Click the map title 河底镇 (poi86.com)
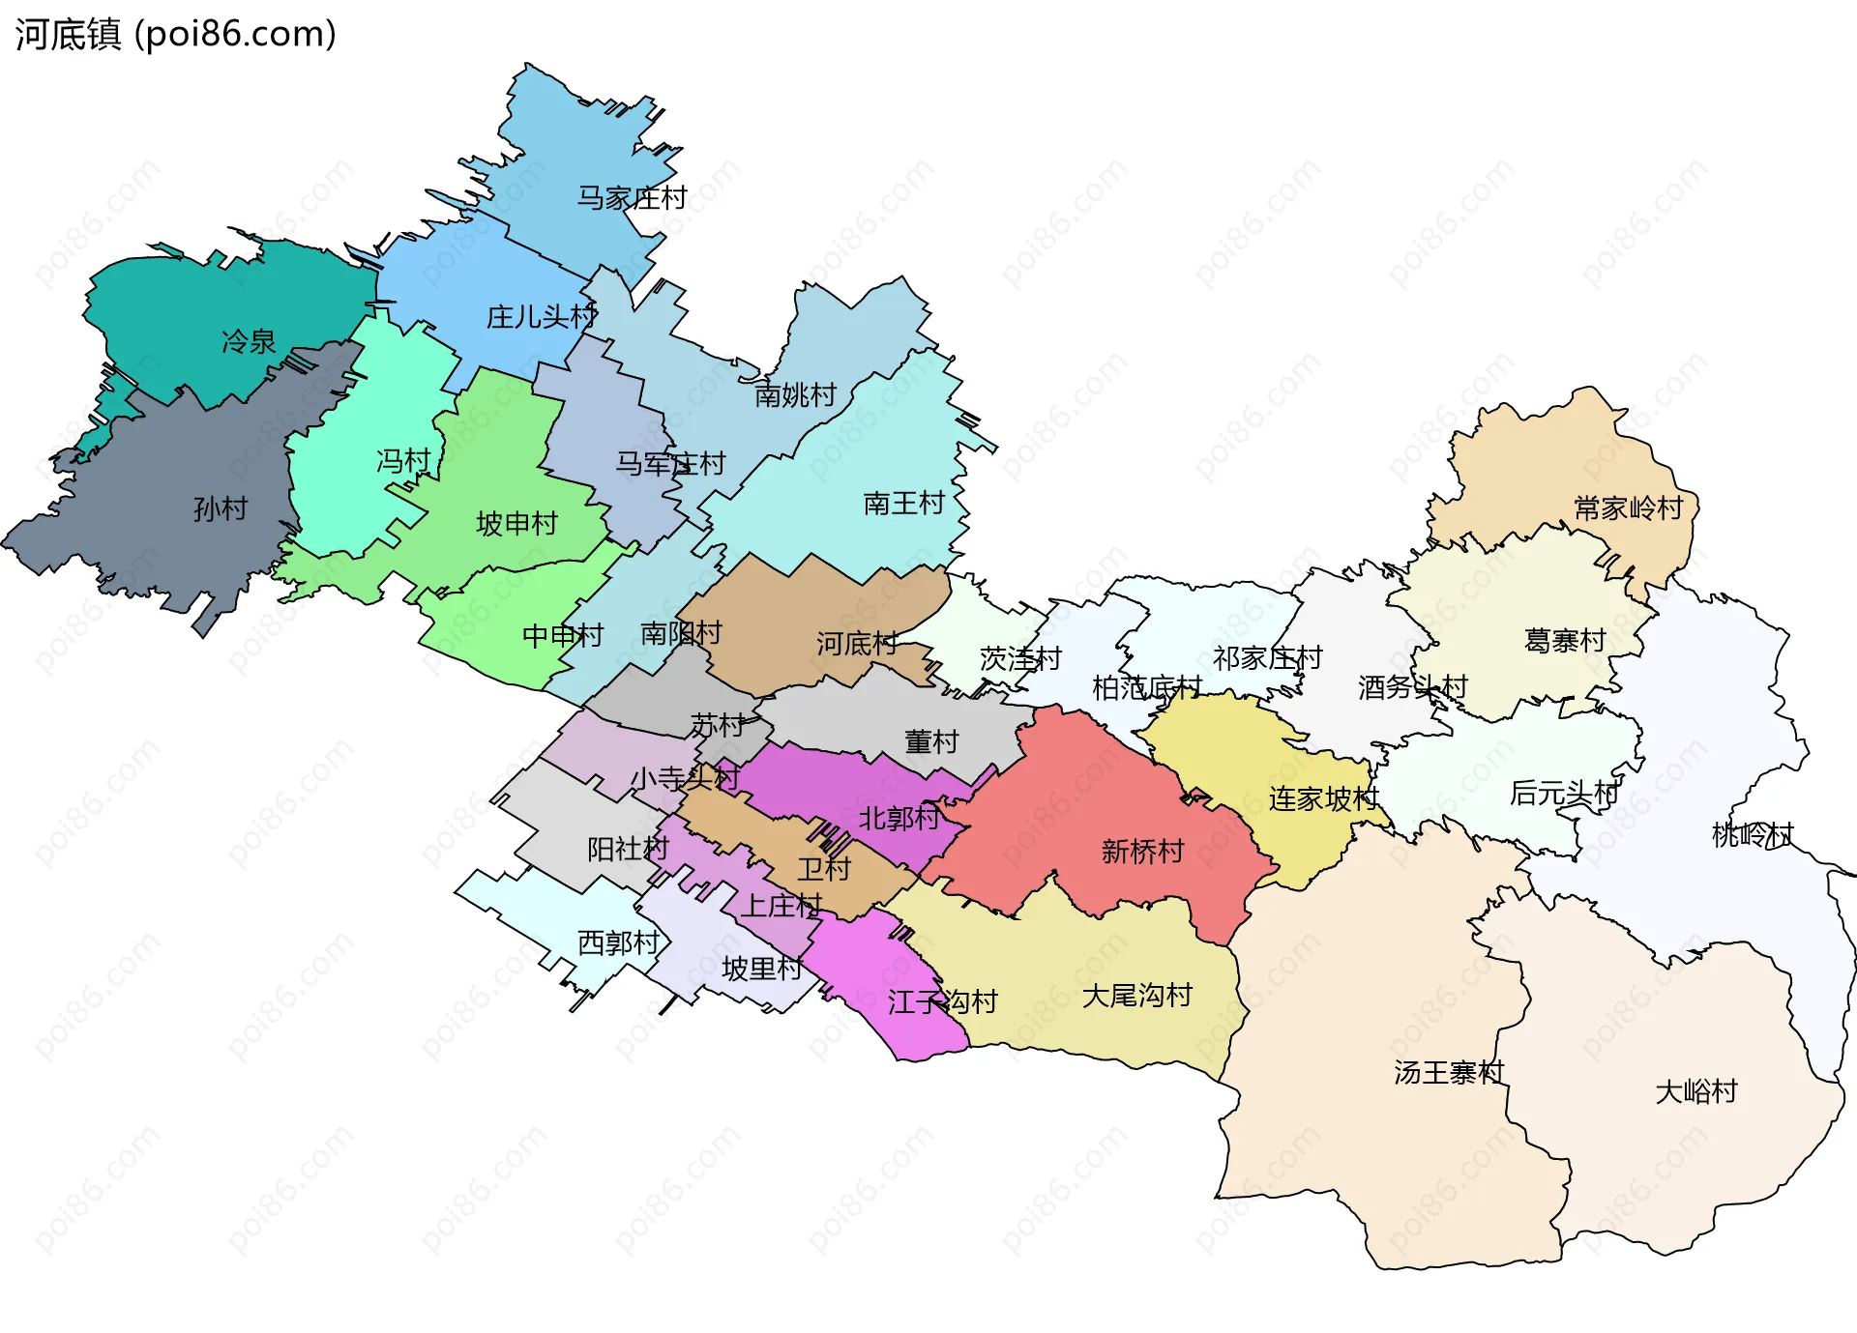click(x=175, y=34)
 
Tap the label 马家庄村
click(x=632, y=198)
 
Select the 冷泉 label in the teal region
click(x=249, y=341)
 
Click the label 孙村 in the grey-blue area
click(x=221, y=508)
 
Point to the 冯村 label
click(x=403, y=461)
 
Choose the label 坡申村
click(x=516, y=524)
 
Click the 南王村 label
click(x=903, y=504)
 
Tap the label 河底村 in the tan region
click(x=856, y=644)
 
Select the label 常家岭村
click(x=1629, y=508)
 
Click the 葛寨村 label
click(x=1564, y=641)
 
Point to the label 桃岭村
click(x=1752, y=834)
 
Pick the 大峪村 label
click(x=1696, y=1092)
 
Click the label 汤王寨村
click(x=1448, y=1073)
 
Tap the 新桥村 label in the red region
click(x=1142, y=852)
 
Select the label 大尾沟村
click(x=1136, y=996)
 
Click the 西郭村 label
click(x=618, y=942)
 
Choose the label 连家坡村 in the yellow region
click(x=1323, y=799)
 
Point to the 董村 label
click(x=930, y=742)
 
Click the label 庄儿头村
click(x=541, y=317)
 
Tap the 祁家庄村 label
click(x=1267, y=658)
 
